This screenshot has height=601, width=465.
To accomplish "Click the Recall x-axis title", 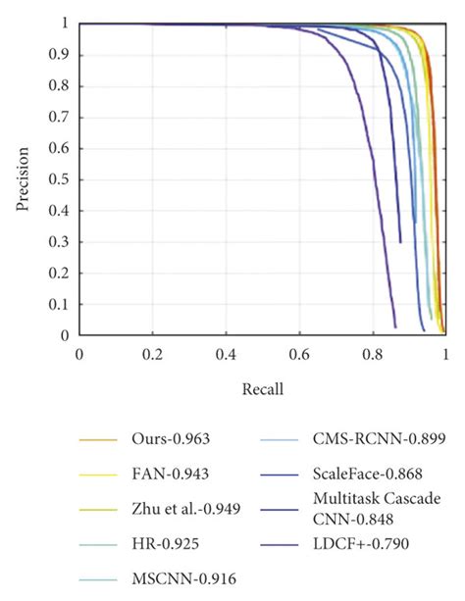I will (x=263, y=389).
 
